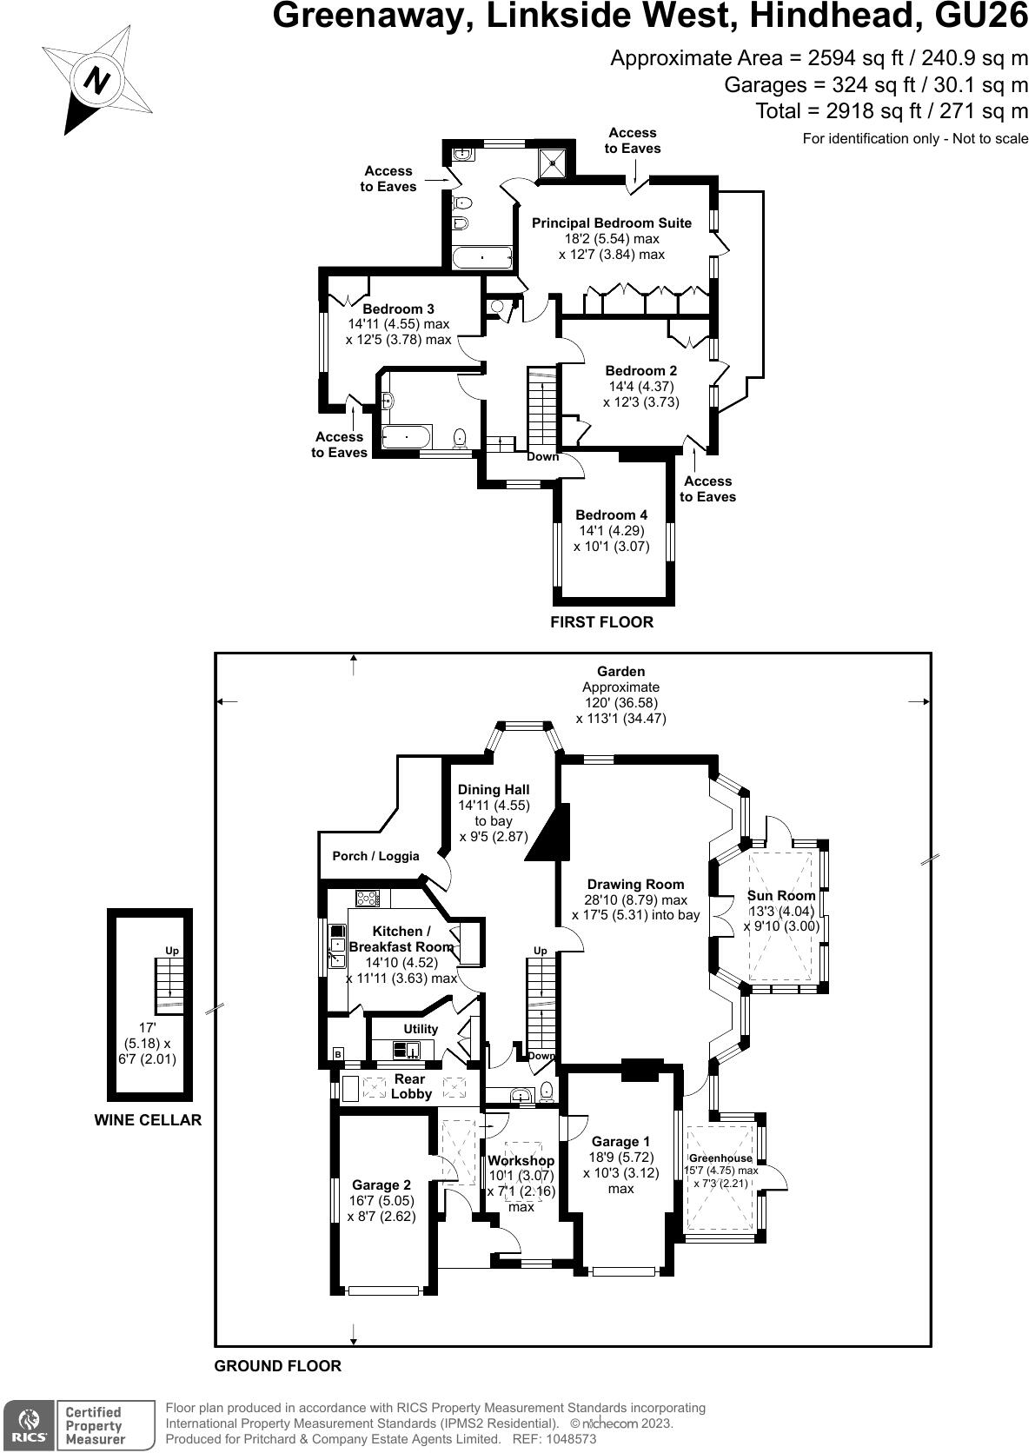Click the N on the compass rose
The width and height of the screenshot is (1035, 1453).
98,81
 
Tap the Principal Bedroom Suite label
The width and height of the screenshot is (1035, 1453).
612,223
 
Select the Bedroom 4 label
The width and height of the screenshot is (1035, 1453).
612,515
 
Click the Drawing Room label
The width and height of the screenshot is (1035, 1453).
635,884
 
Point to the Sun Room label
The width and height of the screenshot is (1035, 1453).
780,896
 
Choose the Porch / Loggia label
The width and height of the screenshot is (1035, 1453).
375,856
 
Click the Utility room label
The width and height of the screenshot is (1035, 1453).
421,1029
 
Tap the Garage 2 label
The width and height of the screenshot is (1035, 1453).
381,1185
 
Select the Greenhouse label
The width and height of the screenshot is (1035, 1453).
720,1158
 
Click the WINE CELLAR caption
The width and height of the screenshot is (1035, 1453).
148,1120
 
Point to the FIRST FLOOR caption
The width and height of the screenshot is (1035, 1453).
602,622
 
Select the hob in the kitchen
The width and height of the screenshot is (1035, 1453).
368,899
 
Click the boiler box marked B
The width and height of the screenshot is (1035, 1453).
338,1055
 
